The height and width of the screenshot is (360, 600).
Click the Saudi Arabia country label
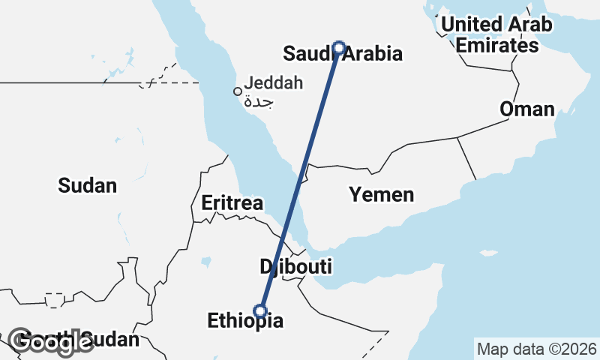pos(342,54)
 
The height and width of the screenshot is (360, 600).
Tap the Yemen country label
pos(381,195)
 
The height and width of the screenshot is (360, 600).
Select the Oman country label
pos(527,109)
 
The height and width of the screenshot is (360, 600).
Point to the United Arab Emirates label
pos(496,34)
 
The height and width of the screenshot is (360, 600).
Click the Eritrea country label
pos(232,202)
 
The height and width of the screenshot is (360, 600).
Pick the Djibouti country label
pos(296,266)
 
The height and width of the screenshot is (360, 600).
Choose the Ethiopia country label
pos(246,322)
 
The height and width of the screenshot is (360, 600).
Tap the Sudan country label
pos(88,185)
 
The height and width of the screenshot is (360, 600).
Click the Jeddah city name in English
pos(273,82)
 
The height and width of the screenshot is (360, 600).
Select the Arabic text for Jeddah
pos(258,100)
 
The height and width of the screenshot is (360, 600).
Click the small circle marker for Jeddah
pos(238,91)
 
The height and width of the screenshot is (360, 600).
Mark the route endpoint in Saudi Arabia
pos(339,47)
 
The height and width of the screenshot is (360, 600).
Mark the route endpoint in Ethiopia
pos(260,310)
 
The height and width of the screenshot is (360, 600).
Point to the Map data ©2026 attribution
pos(536,349)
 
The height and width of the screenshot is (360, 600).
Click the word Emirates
pos(497,45)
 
